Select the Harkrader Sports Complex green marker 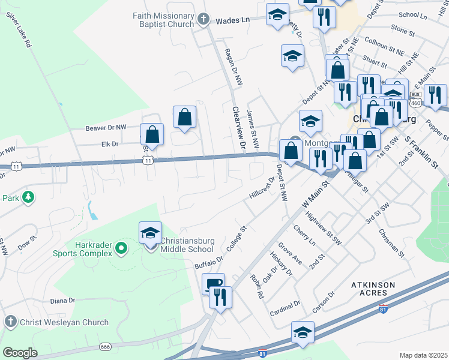point(121,247)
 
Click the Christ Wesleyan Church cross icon point(10,322)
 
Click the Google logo point(20,352)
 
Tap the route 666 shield point(106,347)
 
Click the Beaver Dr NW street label point(106,128)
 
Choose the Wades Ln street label point(232,20)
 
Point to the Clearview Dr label point(240,127)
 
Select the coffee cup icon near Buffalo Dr point(213,284)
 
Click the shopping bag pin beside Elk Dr point(152,134)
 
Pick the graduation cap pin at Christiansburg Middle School point(150,233)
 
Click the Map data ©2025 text point(424,355)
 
